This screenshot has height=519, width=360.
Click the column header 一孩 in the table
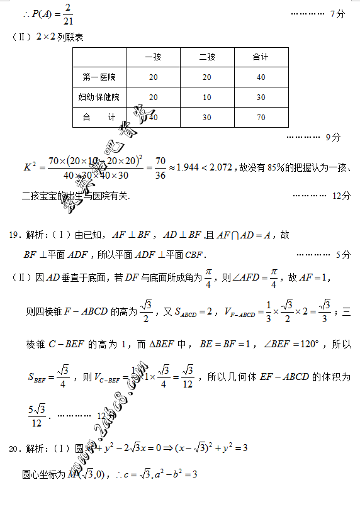pyautogui.click(x=153, y=57)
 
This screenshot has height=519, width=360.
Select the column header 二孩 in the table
pyautogui.click(x=207, y=57)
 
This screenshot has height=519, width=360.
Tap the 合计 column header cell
pyautogui.click(x=261, y=57)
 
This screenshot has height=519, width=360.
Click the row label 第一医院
pyautogui.click(x=99, y=77)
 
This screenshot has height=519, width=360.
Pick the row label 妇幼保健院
pyautogui.click(x=99, y=97)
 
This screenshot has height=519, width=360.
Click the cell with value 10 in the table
pyautogui.click(x=207, y=97)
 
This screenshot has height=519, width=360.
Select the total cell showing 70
pyautogui.click(x=261, y=117)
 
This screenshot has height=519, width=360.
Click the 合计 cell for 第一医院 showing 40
pyautogui.click(x=261, y=77)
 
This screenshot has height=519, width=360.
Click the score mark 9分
pyautogui.click(x=333, y=137)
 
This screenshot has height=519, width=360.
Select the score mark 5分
pyautogui.click(x=342, y=255)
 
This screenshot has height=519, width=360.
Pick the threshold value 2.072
pyautogui.click(x=220, y=167)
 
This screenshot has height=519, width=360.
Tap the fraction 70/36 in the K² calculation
pyautogui.click(x=160, y=168)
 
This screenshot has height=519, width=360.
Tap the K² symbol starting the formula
pyautogui.click(x=30, y=167)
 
